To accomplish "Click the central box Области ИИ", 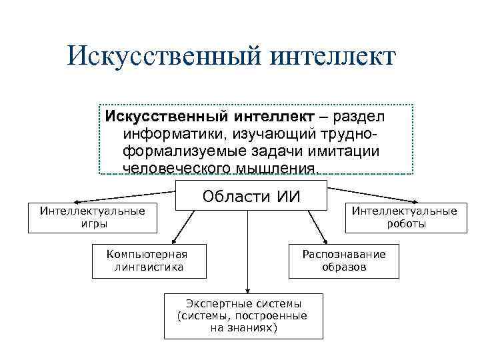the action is click(251, 196).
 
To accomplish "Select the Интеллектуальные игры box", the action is click(93, 217).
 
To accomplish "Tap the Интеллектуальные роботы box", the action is click(405, 217).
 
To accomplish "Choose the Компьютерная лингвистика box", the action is click(147, 261).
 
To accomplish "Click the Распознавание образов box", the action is click(344, 261).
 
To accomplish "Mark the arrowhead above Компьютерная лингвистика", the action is click(174, 242).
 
